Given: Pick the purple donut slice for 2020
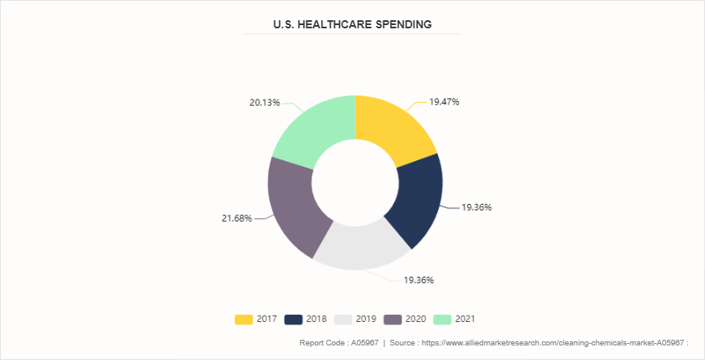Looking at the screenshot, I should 295,205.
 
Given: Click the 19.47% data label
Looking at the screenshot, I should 444,102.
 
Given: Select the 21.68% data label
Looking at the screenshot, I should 236,218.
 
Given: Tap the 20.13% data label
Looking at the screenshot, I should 265,103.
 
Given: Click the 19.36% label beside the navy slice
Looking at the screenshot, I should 477,207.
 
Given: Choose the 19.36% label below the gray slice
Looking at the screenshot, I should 419,280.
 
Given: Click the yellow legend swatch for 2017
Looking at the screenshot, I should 243,319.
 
